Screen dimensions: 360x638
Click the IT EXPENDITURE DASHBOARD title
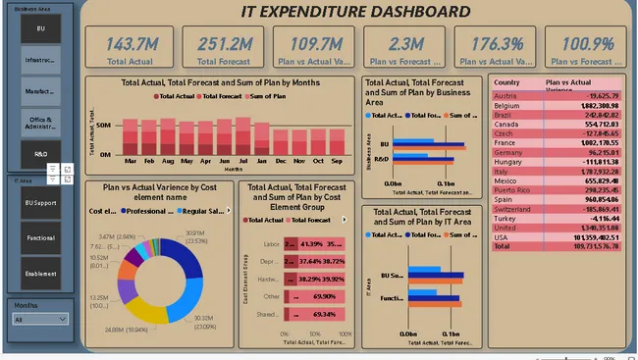[x=355, y=12]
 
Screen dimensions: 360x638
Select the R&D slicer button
[x=40, y=154]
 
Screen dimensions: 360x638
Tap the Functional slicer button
[x=40, y=237]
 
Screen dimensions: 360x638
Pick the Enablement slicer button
[x=40, y=274]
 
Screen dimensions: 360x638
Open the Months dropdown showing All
[x=39, y=320]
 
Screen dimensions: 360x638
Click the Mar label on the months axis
[x=132, y=159]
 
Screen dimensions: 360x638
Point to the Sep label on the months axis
[x=337, y=159]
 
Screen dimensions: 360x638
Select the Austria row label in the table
[x=505, y=95]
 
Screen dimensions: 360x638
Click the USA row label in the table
[x=501, y=236]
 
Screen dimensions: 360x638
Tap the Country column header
[x=507, y=82]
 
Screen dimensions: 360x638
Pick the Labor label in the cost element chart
[x=273, y=243]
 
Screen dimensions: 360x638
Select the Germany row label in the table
[x=508, y=152]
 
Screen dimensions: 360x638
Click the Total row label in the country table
[x=503, y=246]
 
